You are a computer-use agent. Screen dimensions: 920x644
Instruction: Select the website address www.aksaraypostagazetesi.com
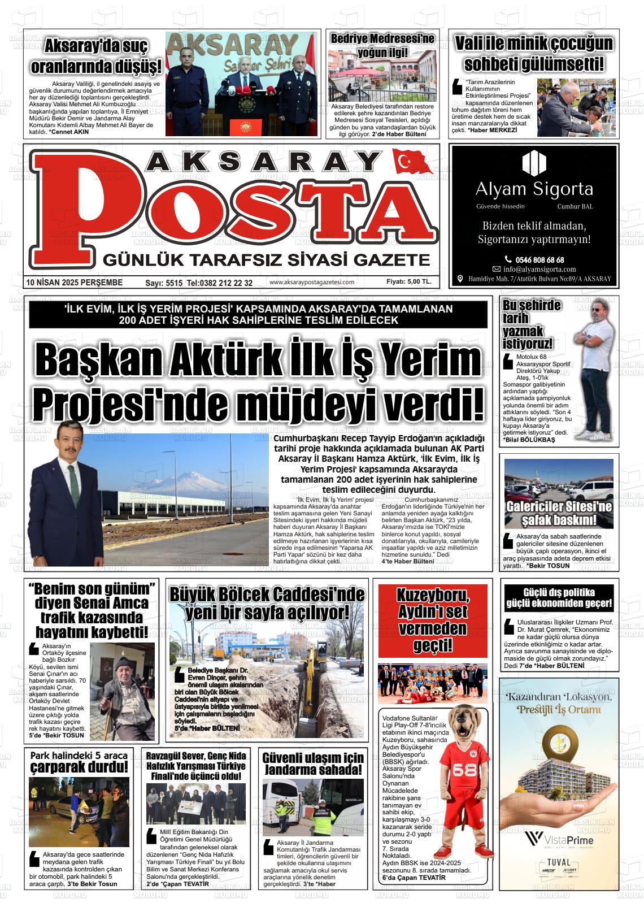[312, 283]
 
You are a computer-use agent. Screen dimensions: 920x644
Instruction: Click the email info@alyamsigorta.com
[539, 270]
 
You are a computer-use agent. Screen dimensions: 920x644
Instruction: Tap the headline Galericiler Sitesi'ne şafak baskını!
[559, 513]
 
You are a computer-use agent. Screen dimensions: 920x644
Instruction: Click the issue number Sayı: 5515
[164, 283]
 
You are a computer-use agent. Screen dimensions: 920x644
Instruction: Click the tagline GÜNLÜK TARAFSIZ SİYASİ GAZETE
[264, 260]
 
